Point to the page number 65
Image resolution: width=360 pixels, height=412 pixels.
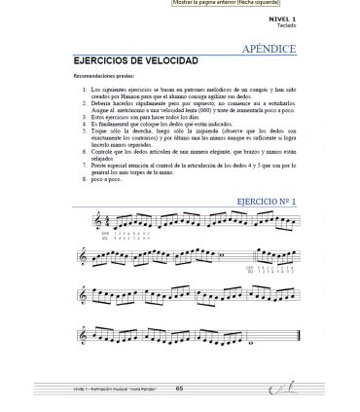(x=179, y=388)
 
